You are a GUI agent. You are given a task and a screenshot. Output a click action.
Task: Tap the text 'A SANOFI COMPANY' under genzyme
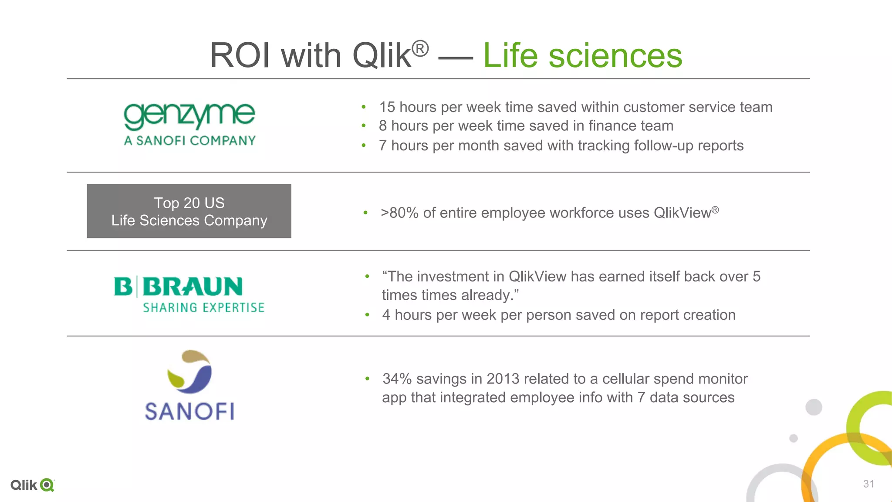pyautogui.click(x=189, y=141)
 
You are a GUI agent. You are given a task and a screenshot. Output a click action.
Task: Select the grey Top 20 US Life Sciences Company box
pyautogui.click(x=189, y=211)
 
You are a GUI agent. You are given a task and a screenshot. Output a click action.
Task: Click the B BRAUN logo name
pyautogui.click(x=178, y=287)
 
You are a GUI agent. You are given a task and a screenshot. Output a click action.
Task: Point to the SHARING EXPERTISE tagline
pyautogui.click(x=203, y=308)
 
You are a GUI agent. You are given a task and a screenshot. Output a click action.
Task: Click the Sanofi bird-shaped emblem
pyautogui.click(x=190, y=371)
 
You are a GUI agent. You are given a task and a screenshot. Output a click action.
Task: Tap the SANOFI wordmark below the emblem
pyautogui.click(x=189, y=411)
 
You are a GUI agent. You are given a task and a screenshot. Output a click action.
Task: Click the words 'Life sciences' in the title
pyautogui.click(x=582, y=56)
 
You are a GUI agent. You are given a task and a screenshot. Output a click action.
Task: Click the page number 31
pyautogui.click(x=868, y=484)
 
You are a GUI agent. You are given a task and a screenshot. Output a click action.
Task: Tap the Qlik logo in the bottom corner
pyautogui.click(x=32, y=485)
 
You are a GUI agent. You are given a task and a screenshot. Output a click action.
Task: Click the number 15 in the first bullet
pyautogui.click(x=387, y=107)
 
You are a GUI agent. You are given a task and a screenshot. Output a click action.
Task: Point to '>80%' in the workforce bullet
pyautogui.click(x=399, y=213)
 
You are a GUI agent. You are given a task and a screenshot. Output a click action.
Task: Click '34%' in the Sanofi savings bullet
pyautogui.click(x=397, y=379)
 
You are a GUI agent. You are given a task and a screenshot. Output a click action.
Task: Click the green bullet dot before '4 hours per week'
pyautogui.click(x=367, y=315)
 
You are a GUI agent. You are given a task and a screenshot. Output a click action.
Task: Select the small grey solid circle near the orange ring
pyautogui.click(x=794, y=438)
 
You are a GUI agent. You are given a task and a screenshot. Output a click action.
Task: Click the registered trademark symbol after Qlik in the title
pyautogui.click(x=420, y=48)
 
